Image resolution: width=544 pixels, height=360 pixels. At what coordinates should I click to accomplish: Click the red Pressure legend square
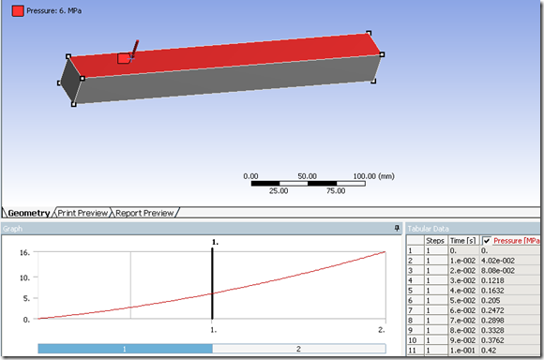pyautogui.click(x=18, y=10)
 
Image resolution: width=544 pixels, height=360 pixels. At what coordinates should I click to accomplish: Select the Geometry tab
pyautogui.click(x=29, y=213)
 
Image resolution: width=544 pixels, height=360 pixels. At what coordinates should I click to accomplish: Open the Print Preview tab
pyautogui.click(x=83, y=213)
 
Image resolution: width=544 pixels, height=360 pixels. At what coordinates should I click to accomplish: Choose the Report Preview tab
pyautogui.click(x=144, y=213)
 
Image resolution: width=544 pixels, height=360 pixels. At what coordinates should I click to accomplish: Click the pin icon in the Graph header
pyautogui.click(x=397, y=228)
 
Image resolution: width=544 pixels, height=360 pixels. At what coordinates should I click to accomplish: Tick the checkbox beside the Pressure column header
pyautogui.click(x=487, y=241)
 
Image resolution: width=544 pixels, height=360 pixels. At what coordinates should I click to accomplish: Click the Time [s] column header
pyautogui.click(x=462, y=241)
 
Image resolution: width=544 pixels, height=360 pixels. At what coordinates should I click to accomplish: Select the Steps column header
pyautogui.click(x=435, y=241)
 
